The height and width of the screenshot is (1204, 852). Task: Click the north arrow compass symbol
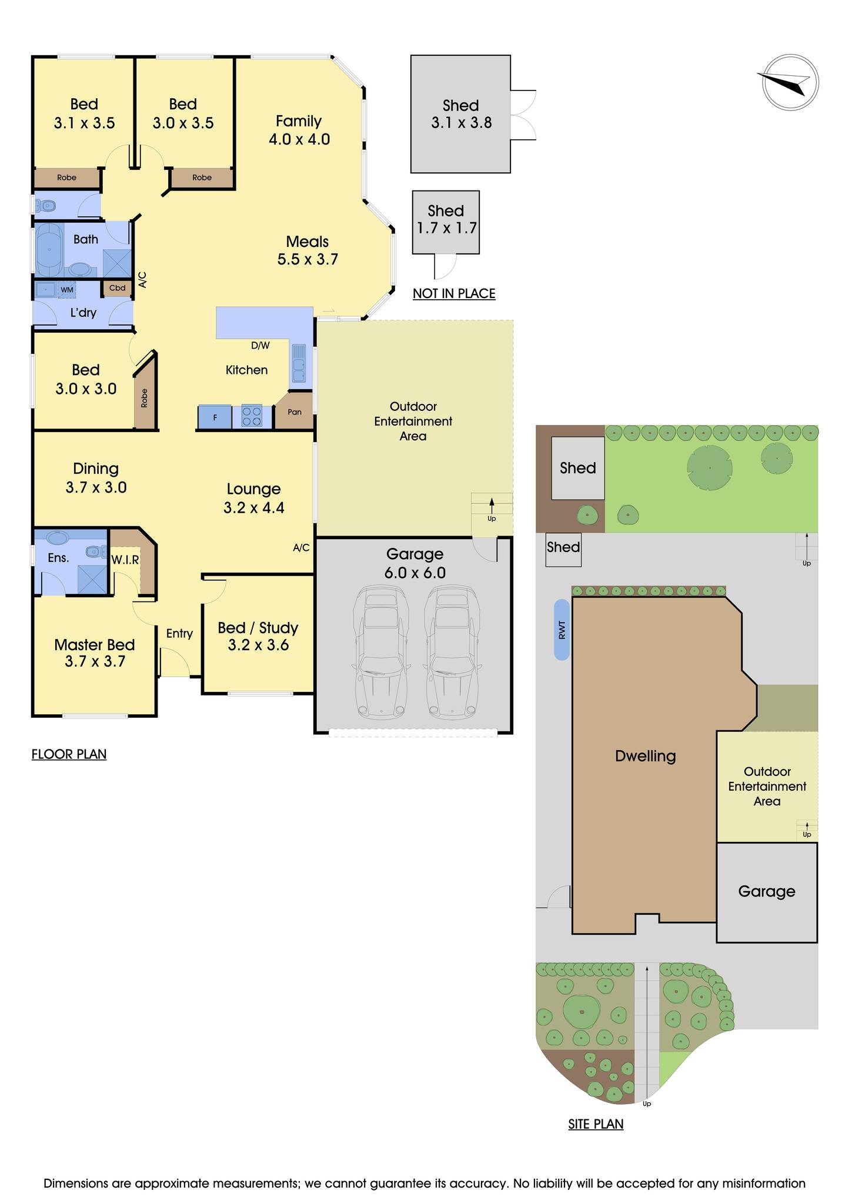coord(790,82)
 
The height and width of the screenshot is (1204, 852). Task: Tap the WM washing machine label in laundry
coord(67,290)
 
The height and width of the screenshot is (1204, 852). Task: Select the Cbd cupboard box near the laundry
coord(117,287)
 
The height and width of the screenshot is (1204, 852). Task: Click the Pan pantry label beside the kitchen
coord(295,412)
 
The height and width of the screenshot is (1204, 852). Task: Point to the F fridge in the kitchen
coord(215,417)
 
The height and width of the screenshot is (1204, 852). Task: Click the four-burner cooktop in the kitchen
coord(252,417)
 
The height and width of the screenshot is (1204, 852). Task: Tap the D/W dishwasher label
coord(260,346)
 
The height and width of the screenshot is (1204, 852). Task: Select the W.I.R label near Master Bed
coord(125,560)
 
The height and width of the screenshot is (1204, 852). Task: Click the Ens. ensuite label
coord(58,558)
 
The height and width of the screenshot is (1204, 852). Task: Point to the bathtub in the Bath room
coord(49,250)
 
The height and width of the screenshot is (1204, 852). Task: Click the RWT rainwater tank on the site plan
coord(562,630)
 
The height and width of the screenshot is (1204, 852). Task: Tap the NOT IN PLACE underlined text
coord(454,293)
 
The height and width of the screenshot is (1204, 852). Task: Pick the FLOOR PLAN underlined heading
coord(69,754)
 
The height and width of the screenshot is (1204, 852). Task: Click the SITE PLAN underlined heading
coord(596,1124)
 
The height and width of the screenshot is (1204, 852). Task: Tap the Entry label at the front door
coord(179,633)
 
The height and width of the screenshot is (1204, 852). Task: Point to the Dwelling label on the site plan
coord(645,756)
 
